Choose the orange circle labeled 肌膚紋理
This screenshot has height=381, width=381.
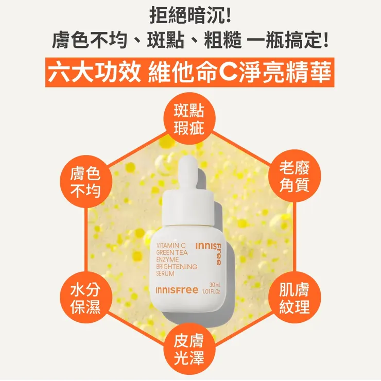click(x=295, y=298)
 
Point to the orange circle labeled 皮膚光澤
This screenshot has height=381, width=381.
click(x=189, y=350)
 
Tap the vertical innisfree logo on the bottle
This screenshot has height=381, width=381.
click(x=218, y=252)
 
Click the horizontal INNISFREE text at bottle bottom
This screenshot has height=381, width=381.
click(x=177, y=291)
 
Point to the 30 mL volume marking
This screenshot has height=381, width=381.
click(x=215, y=285)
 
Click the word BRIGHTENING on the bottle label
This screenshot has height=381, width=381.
click(x=177, y=267)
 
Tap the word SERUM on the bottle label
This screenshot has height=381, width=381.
click(x=166, y=274)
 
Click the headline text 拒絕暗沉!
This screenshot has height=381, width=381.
click(x=190, y=15)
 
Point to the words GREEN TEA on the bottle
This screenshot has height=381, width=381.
click(x=172, y=253)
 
